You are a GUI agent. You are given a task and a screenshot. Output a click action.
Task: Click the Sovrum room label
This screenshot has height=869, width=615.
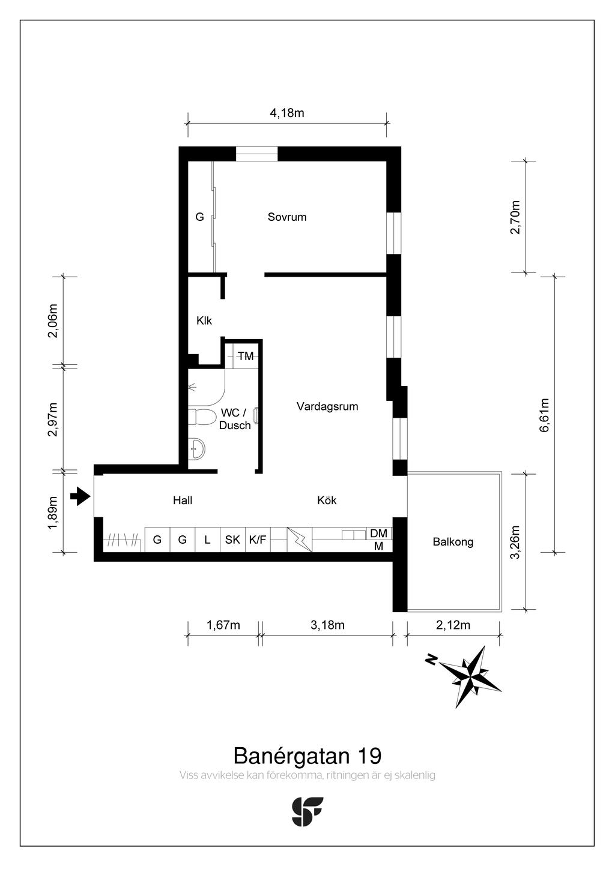click(x=287, y=217)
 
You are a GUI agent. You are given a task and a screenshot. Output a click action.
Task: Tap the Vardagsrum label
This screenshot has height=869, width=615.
click(x=327, y=406)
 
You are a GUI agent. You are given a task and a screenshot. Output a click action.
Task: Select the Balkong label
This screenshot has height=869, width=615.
click(x=453, y=542)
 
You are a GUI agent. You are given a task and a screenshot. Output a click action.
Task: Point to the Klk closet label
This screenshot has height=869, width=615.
click(x=204, y=321)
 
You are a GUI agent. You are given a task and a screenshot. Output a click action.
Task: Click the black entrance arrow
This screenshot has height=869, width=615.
click(x=80, y=496)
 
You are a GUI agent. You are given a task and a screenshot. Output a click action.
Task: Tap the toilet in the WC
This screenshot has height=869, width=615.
click(x=202, y=417)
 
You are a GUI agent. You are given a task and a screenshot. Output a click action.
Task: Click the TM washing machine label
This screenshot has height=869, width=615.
click(x=246, y=356)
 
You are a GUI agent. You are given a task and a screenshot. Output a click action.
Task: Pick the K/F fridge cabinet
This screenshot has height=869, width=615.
click(x=258, y=540)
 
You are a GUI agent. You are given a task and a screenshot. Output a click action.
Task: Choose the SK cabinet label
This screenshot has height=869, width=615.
click(x=232, y=540)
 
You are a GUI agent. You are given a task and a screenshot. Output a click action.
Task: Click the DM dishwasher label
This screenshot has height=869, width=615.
click(x=378, y=534)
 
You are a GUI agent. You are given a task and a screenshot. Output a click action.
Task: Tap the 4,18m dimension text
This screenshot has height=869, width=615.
click(x=287, y=113)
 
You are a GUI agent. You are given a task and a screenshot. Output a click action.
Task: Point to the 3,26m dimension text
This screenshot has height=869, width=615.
click(x=515, y=542)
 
